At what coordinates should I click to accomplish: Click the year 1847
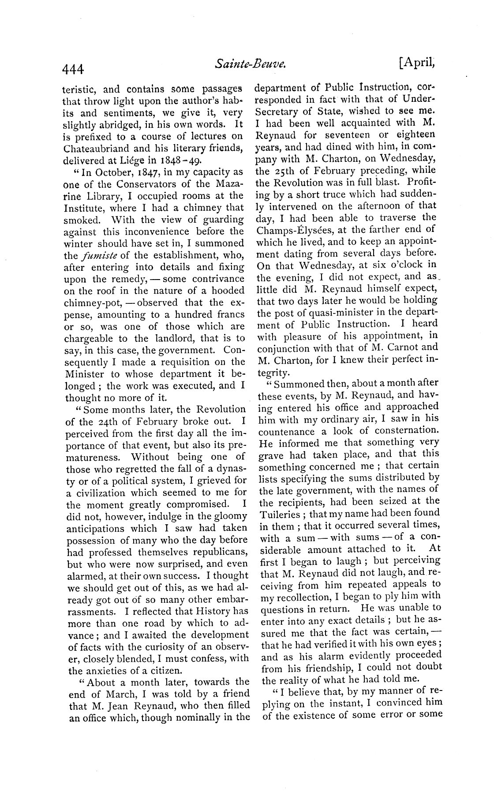(142, 172)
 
